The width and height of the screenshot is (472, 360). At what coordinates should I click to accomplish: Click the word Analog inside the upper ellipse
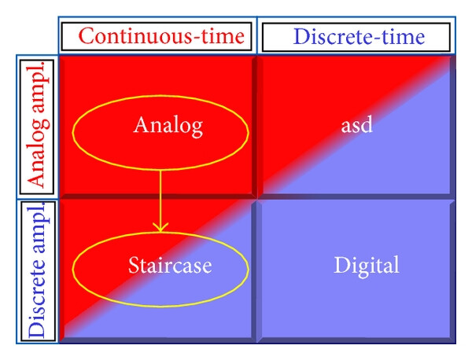pos(168,126)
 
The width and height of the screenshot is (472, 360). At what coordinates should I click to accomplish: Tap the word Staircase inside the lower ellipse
pos(170,265)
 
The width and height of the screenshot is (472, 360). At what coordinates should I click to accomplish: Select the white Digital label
pos(367,266)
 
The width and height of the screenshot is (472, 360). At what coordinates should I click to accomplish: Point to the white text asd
pos(357,125)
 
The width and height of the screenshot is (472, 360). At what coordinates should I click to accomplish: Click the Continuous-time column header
pos(161,36)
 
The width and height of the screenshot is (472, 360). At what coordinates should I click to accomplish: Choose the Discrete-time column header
pos(359,37)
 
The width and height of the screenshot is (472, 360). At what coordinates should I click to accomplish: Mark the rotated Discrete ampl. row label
pos(38,270)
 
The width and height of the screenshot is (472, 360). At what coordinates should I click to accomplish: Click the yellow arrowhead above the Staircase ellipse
pos(160,227)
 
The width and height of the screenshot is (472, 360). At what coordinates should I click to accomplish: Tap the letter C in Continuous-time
pos(87,36)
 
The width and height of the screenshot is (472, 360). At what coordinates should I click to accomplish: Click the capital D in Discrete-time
pos(302,37)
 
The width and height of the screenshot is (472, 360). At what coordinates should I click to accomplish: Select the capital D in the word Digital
pos(342,265)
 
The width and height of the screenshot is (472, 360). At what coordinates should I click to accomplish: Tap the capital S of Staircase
pos(134,265)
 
